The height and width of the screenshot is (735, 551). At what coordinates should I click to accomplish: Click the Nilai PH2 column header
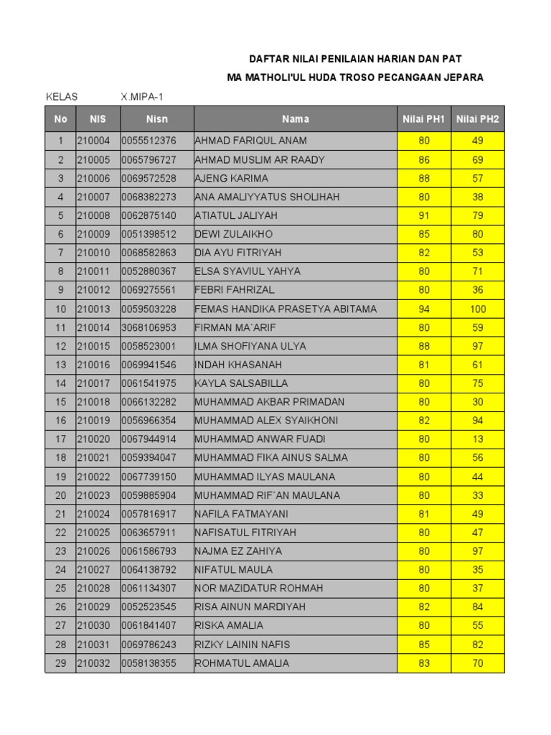click(x=478, y=119)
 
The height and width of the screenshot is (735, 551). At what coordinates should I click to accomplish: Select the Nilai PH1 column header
click(x=424, y=119)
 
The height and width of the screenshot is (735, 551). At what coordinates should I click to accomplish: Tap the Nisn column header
click(x=157, y=119)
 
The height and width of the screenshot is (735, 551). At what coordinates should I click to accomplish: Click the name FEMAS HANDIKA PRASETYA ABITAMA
click(x=286, y=309)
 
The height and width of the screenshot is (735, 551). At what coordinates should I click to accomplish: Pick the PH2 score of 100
click(x=478, y=309)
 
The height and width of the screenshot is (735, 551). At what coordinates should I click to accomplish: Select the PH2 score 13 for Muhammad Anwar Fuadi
click(x=478, y=439)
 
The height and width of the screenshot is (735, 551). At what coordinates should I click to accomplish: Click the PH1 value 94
click(x=424, y=309)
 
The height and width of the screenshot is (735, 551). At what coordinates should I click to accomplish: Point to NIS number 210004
click(x=94, y=141)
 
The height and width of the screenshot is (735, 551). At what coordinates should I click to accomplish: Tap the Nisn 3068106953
click(x=149, y=327)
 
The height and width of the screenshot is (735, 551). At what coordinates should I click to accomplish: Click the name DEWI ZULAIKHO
click(x=234, y=234)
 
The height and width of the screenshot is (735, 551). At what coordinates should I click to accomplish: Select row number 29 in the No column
click(x=61, y=663)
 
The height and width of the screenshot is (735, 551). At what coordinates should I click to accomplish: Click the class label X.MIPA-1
click(x=146, y=97)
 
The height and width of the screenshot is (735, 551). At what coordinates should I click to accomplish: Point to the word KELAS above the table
click(x=62, y=97)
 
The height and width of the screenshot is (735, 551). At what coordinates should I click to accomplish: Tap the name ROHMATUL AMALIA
click(x=242, y=663)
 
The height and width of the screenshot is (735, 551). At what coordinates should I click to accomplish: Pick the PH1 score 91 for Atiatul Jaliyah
click(x=424, y=215)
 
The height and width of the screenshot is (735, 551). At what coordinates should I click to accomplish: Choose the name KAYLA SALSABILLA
click(x=240, y=383)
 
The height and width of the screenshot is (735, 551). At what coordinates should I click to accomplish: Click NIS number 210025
click(x=94, y=533)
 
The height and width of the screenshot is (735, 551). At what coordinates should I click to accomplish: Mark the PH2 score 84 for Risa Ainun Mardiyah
click(x=478, y=607)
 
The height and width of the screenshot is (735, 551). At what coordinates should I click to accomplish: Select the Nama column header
click(x=296, y=119)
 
